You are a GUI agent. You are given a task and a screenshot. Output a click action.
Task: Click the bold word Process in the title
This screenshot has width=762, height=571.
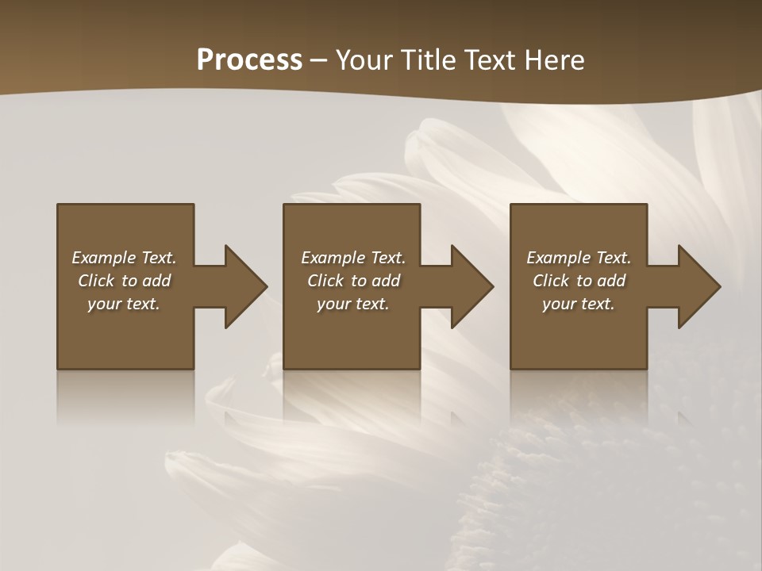(249, 60)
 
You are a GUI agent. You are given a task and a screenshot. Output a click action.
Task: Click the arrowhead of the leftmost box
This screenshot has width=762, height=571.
(243, 286)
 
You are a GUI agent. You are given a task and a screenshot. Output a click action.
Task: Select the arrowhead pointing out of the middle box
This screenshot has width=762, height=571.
(470, 286)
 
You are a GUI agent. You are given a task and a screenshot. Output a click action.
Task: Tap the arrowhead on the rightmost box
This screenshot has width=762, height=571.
(697, 286)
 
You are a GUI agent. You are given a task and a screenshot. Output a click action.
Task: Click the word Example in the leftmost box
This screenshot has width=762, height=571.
(104, 258)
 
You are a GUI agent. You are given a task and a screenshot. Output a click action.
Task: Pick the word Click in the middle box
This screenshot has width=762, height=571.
(325, 281)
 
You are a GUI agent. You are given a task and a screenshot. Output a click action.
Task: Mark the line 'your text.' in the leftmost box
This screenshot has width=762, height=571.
(124, 304)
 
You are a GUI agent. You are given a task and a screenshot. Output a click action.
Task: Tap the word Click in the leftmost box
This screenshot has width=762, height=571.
(96, 281)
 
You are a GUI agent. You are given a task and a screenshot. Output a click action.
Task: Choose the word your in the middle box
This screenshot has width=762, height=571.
(334, 304)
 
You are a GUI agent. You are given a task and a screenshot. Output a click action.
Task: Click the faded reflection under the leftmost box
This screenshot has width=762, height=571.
(125, 397)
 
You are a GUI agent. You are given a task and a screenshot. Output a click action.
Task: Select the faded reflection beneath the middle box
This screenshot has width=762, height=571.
(352, 397)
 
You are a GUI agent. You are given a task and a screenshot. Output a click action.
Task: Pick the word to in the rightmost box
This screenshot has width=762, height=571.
(585, 281)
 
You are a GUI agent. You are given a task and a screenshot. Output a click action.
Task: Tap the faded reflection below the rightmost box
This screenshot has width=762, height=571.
(579, 397)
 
